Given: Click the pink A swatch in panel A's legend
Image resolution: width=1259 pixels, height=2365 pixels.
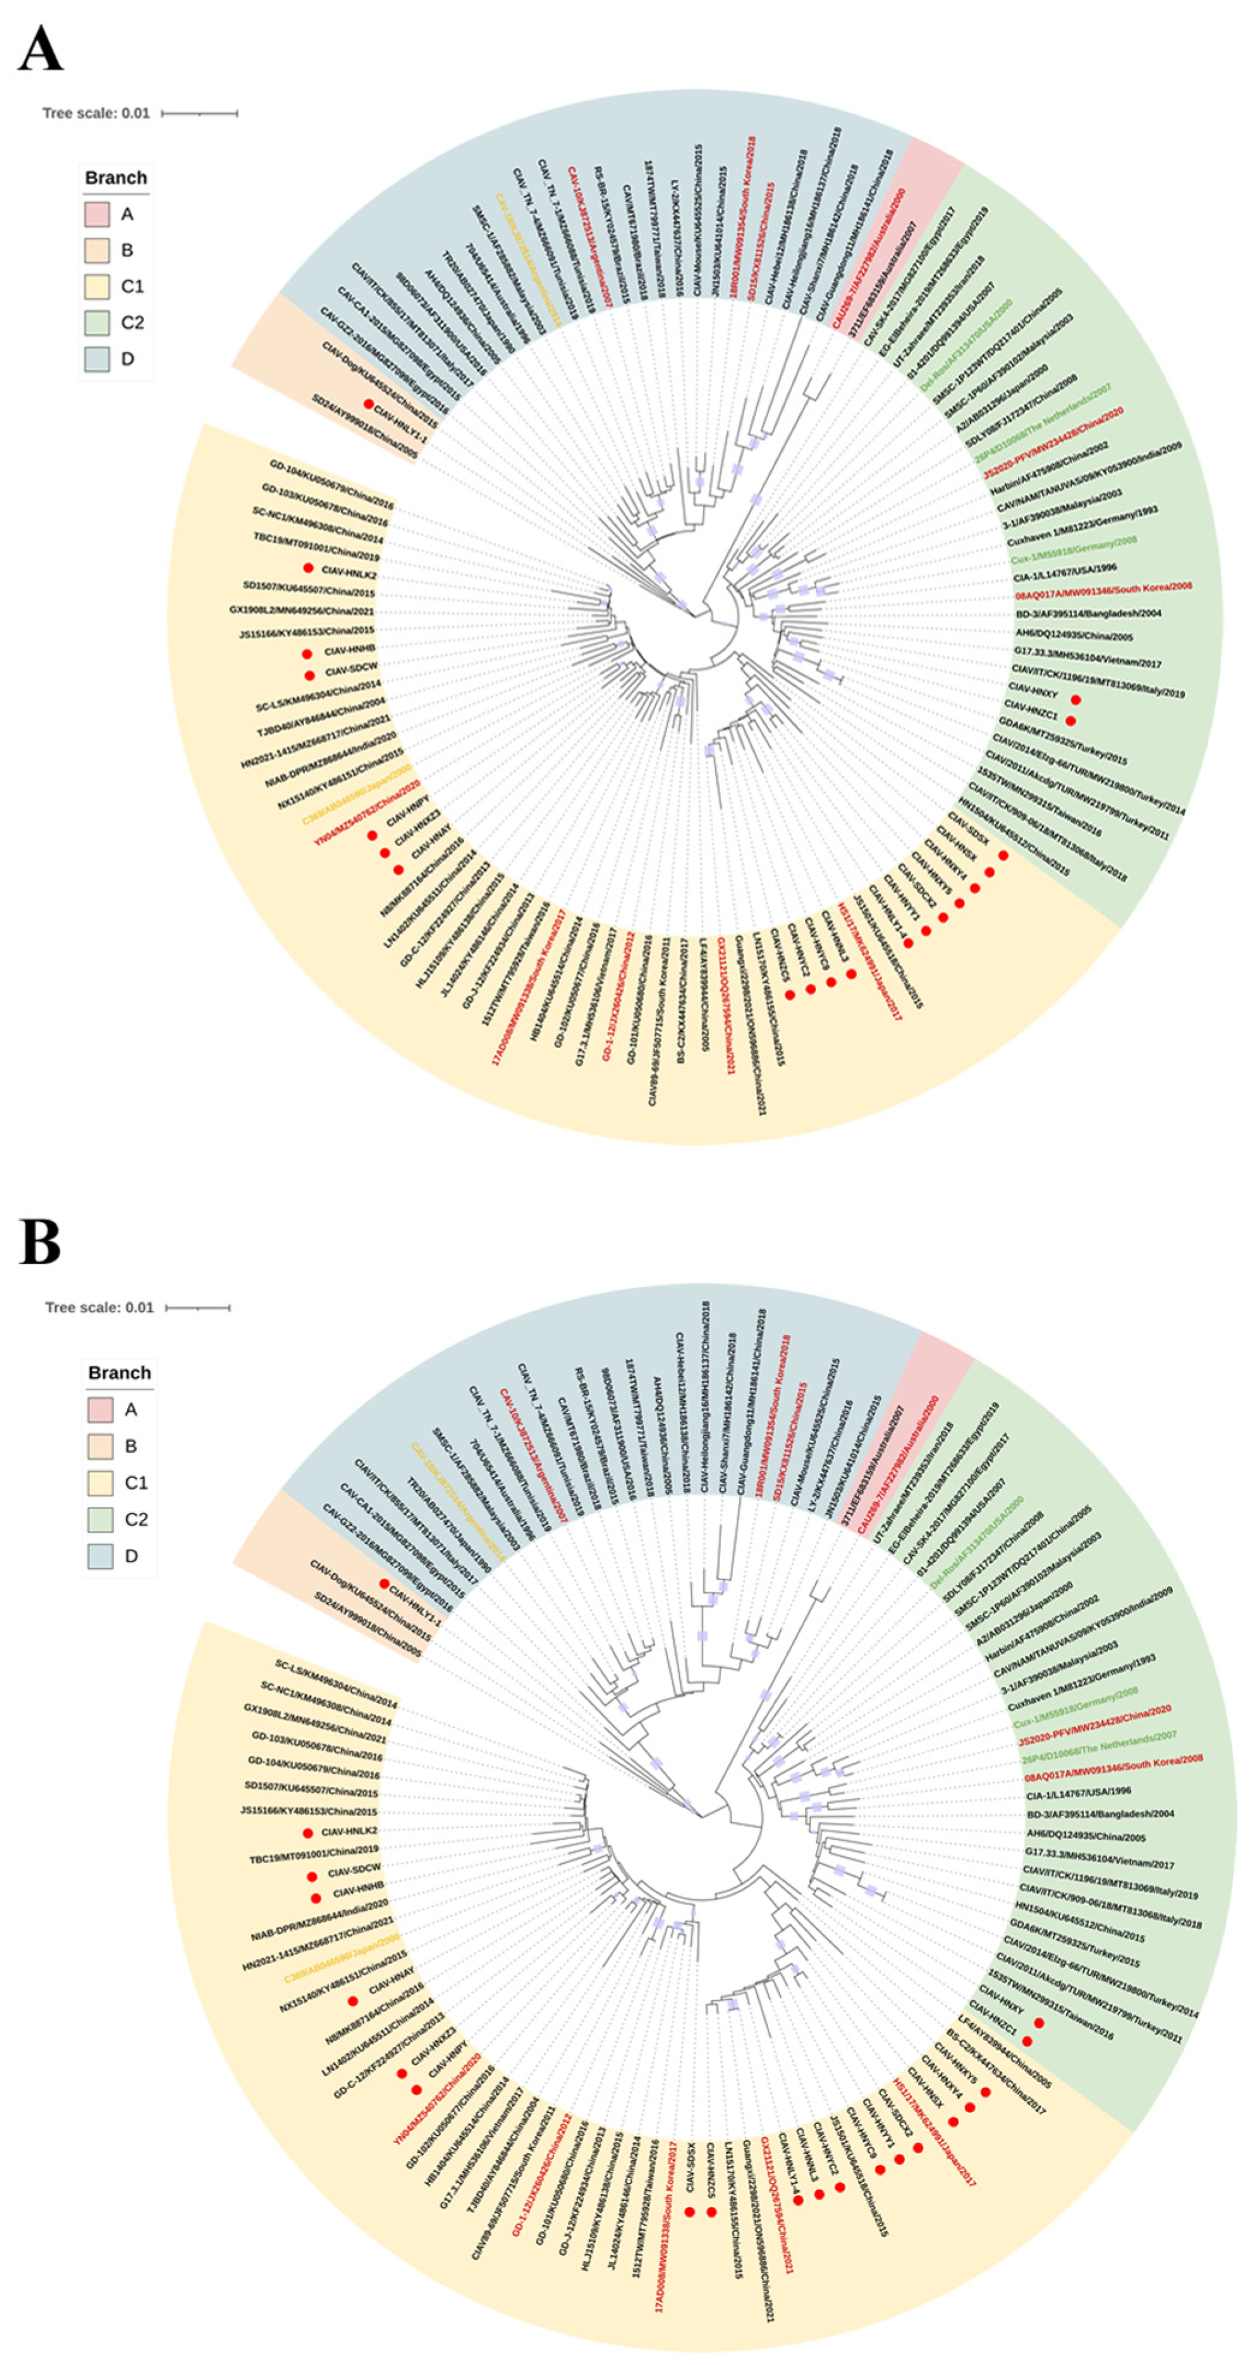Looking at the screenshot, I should (97, 214).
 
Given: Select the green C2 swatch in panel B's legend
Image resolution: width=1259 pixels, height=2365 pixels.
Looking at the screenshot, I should (101, 1519).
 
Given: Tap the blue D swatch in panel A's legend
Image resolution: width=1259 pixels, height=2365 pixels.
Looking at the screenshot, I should (97, 359).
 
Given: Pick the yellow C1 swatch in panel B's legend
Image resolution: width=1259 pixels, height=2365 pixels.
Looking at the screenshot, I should (101, 1483).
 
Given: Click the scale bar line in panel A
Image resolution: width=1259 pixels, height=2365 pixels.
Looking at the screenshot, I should (200, 113).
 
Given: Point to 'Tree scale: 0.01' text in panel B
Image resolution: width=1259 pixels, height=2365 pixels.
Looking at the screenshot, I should (99, 1307).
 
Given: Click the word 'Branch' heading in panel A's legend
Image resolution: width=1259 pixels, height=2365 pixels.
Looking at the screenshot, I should (116, 178).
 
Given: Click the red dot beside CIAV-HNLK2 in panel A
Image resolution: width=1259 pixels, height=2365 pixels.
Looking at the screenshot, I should (308, 569).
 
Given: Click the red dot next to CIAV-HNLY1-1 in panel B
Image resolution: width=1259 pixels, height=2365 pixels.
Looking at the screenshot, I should (384, 1584).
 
